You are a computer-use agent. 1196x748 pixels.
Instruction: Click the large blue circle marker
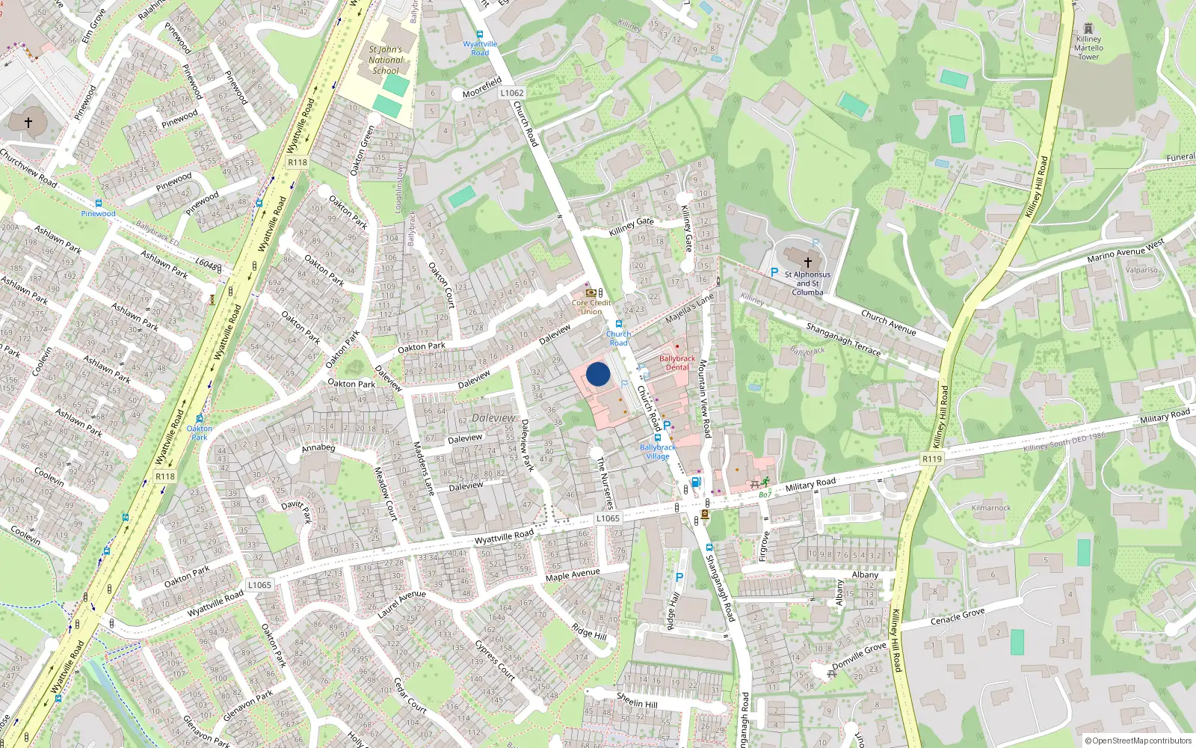pos(598,374)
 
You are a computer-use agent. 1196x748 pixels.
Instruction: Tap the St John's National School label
pos(386,60)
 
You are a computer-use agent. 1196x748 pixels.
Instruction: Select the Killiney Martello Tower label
pos(1088,48)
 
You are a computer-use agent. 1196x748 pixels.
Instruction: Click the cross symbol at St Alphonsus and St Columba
pos(807,263)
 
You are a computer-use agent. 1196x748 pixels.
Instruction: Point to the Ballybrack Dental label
pos(677,363)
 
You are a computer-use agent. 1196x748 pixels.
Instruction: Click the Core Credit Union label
pos(591,307)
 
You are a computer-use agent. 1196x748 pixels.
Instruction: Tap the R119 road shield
pos(932,459)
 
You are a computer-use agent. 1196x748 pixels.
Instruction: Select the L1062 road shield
pos(512,93)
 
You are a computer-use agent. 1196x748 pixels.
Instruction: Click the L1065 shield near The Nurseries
pos(608,518)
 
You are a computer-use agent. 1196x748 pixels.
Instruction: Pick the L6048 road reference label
pos(207,264)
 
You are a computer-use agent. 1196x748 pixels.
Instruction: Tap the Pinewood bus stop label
pos(98,213)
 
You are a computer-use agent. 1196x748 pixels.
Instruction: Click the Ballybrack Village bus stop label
pos(658,452)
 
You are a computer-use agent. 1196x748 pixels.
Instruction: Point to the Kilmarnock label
pos(991,508)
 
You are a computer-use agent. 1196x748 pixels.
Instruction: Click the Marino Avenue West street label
pos(1126,251)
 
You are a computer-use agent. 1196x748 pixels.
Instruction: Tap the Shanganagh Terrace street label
pos(843,339)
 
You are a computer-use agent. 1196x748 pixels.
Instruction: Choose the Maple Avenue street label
pos(573,574)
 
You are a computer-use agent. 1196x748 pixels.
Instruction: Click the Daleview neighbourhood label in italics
pos(493,417)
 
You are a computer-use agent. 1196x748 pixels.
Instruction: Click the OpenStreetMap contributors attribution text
pos(1138,741)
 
